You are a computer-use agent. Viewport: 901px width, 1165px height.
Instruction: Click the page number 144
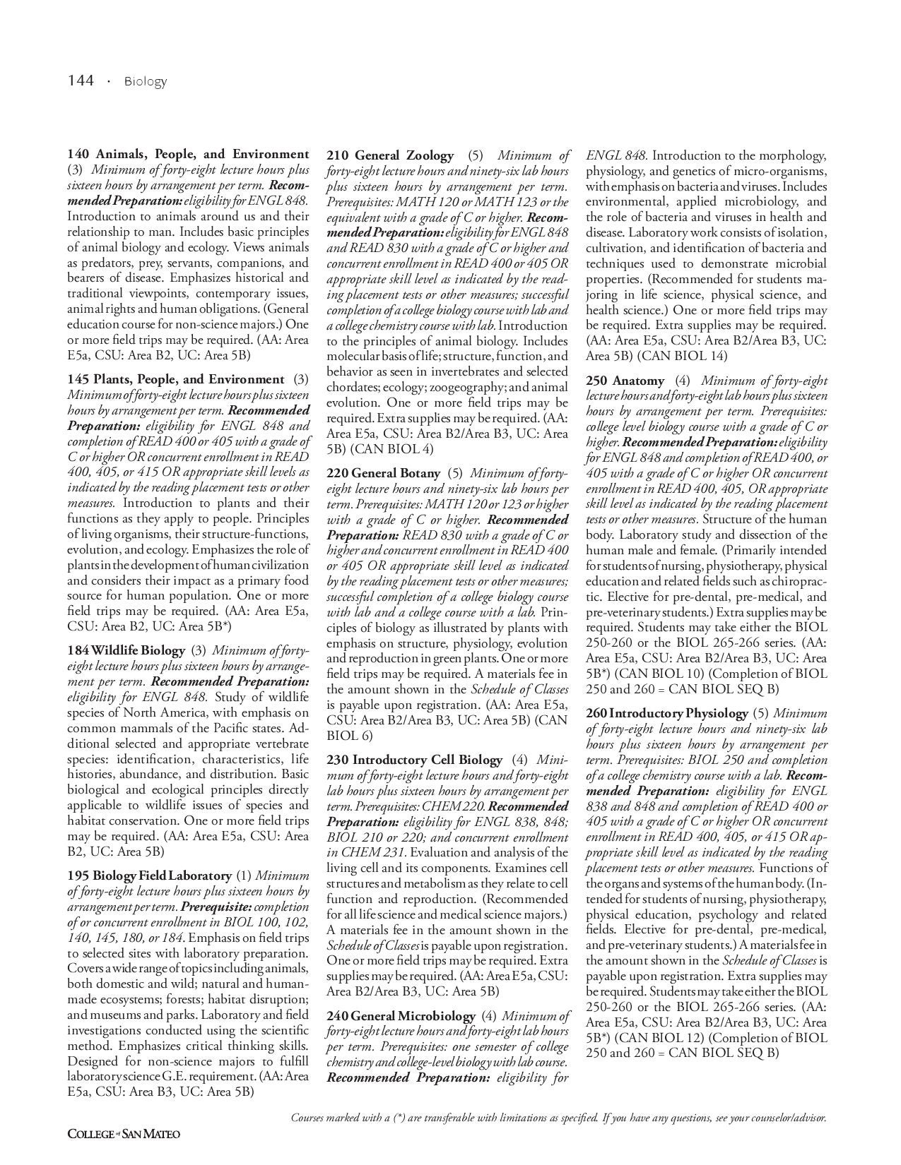81,80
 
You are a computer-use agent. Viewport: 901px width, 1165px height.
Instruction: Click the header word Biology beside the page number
146,81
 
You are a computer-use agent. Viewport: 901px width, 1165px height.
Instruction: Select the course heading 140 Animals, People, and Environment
188,154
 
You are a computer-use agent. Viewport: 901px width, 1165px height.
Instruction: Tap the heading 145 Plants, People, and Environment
176,379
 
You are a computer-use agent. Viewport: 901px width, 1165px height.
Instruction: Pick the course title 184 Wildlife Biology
126,650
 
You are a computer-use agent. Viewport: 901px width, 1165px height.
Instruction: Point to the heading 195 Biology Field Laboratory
149,876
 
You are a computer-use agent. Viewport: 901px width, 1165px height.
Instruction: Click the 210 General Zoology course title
390,155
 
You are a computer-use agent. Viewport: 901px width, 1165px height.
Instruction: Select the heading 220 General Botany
383,473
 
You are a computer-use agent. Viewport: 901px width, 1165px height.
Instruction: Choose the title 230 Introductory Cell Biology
414,760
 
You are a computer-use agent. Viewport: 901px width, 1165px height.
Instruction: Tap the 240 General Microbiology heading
401,1015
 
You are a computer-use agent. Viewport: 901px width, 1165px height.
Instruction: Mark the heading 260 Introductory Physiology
666,713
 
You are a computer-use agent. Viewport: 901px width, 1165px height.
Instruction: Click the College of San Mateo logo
124,1134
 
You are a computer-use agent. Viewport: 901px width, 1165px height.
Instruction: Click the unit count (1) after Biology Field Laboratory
243,876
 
